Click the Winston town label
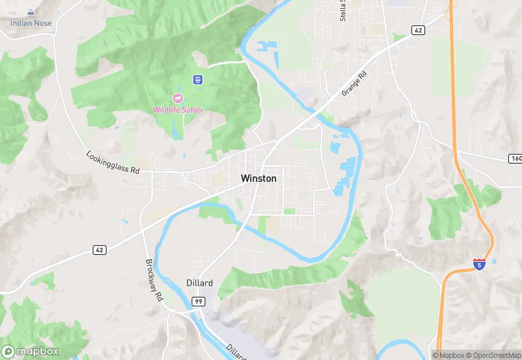point(259,179)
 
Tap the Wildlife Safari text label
point(178,110)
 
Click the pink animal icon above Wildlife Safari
point(178,98)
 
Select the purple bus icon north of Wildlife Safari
point(198,80)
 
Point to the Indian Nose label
point(30,23)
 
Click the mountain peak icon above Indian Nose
point(30,12)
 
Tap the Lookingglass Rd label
point(113,162)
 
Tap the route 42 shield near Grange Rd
point(418,30)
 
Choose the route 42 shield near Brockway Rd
point(100,251)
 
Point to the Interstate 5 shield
point(479,263)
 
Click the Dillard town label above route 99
point(200,283)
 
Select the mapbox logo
point(30,351)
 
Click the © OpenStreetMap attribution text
point(492,355)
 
